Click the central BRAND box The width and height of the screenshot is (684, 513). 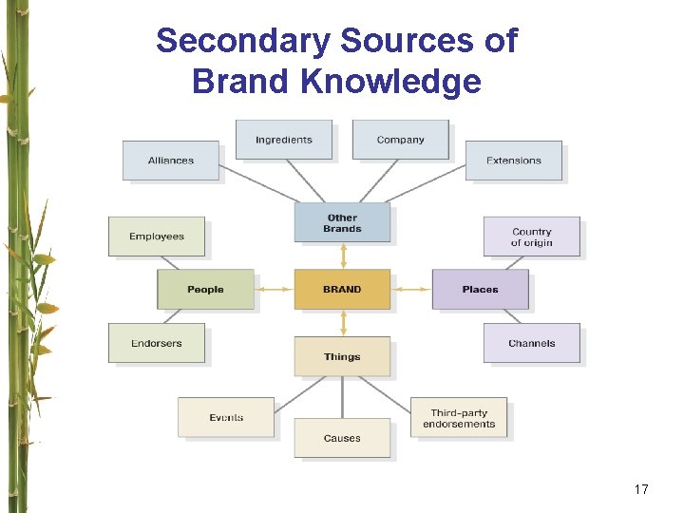(342, 289)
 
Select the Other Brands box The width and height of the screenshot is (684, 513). (342, 222)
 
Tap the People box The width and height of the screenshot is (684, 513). (205, 289)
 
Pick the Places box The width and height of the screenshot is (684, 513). (480, 289)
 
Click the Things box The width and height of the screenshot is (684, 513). (342, 356)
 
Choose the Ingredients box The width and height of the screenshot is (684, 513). (283, 140)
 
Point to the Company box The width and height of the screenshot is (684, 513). (400, 140)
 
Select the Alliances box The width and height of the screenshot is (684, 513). (171, 161)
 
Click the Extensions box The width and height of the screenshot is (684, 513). (513, 161)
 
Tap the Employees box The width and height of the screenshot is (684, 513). (157, 237)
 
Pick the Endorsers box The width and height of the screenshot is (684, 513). (157, 343)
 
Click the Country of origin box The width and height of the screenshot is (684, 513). (531, 237)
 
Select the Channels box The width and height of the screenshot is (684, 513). (531, 343)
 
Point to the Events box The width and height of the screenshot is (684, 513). (226, 417)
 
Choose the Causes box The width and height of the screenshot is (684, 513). (342, 438)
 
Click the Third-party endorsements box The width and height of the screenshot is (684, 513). (459, 418)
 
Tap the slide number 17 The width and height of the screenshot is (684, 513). (641, 489)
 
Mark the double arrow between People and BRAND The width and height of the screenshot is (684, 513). (275, 289)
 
